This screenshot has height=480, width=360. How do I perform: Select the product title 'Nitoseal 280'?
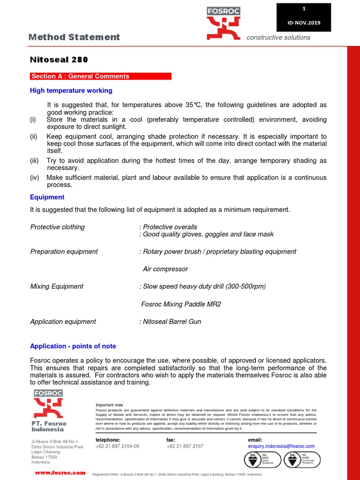pyautogui.click(x=59, y=60)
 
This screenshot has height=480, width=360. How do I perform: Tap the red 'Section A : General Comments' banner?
pyautogui.click(x=101, y=76)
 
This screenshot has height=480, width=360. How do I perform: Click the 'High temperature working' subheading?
pyautogui.click(x=71, y=90)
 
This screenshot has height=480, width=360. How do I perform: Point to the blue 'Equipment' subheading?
pyautogui.click(x=47, y=197)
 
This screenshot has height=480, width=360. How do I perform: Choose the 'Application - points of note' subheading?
pyautogui.click(x=73, y=346)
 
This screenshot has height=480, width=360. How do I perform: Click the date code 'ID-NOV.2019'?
pyautogui.click(x=304, y=22)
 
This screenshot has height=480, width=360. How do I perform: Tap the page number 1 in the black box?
pyautogui.click(x=304, y=9)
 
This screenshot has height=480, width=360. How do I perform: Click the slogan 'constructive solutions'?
pyautogui.click(x=278, y=37)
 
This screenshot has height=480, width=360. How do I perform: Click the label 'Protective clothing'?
pyautogui.click(x=58, y=227)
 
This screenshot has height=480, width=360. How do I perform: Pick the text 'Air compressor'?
pyautogui.click(x=165, y=269)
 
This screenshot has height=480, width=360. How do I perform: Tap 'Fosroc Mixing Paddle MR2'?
pyautogui.click(x=181, y=304)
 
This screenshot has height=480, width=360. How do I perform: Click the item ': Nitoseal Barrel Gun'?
pyautogui.click(x=173, y=322)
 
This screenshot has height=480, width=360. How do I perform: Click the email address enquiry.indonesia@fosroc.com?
pyautogui.click(x=281, y=446)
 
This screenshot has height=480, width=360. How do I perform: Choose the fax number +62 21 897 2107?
pyautogui.click(x=185, y=446)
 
